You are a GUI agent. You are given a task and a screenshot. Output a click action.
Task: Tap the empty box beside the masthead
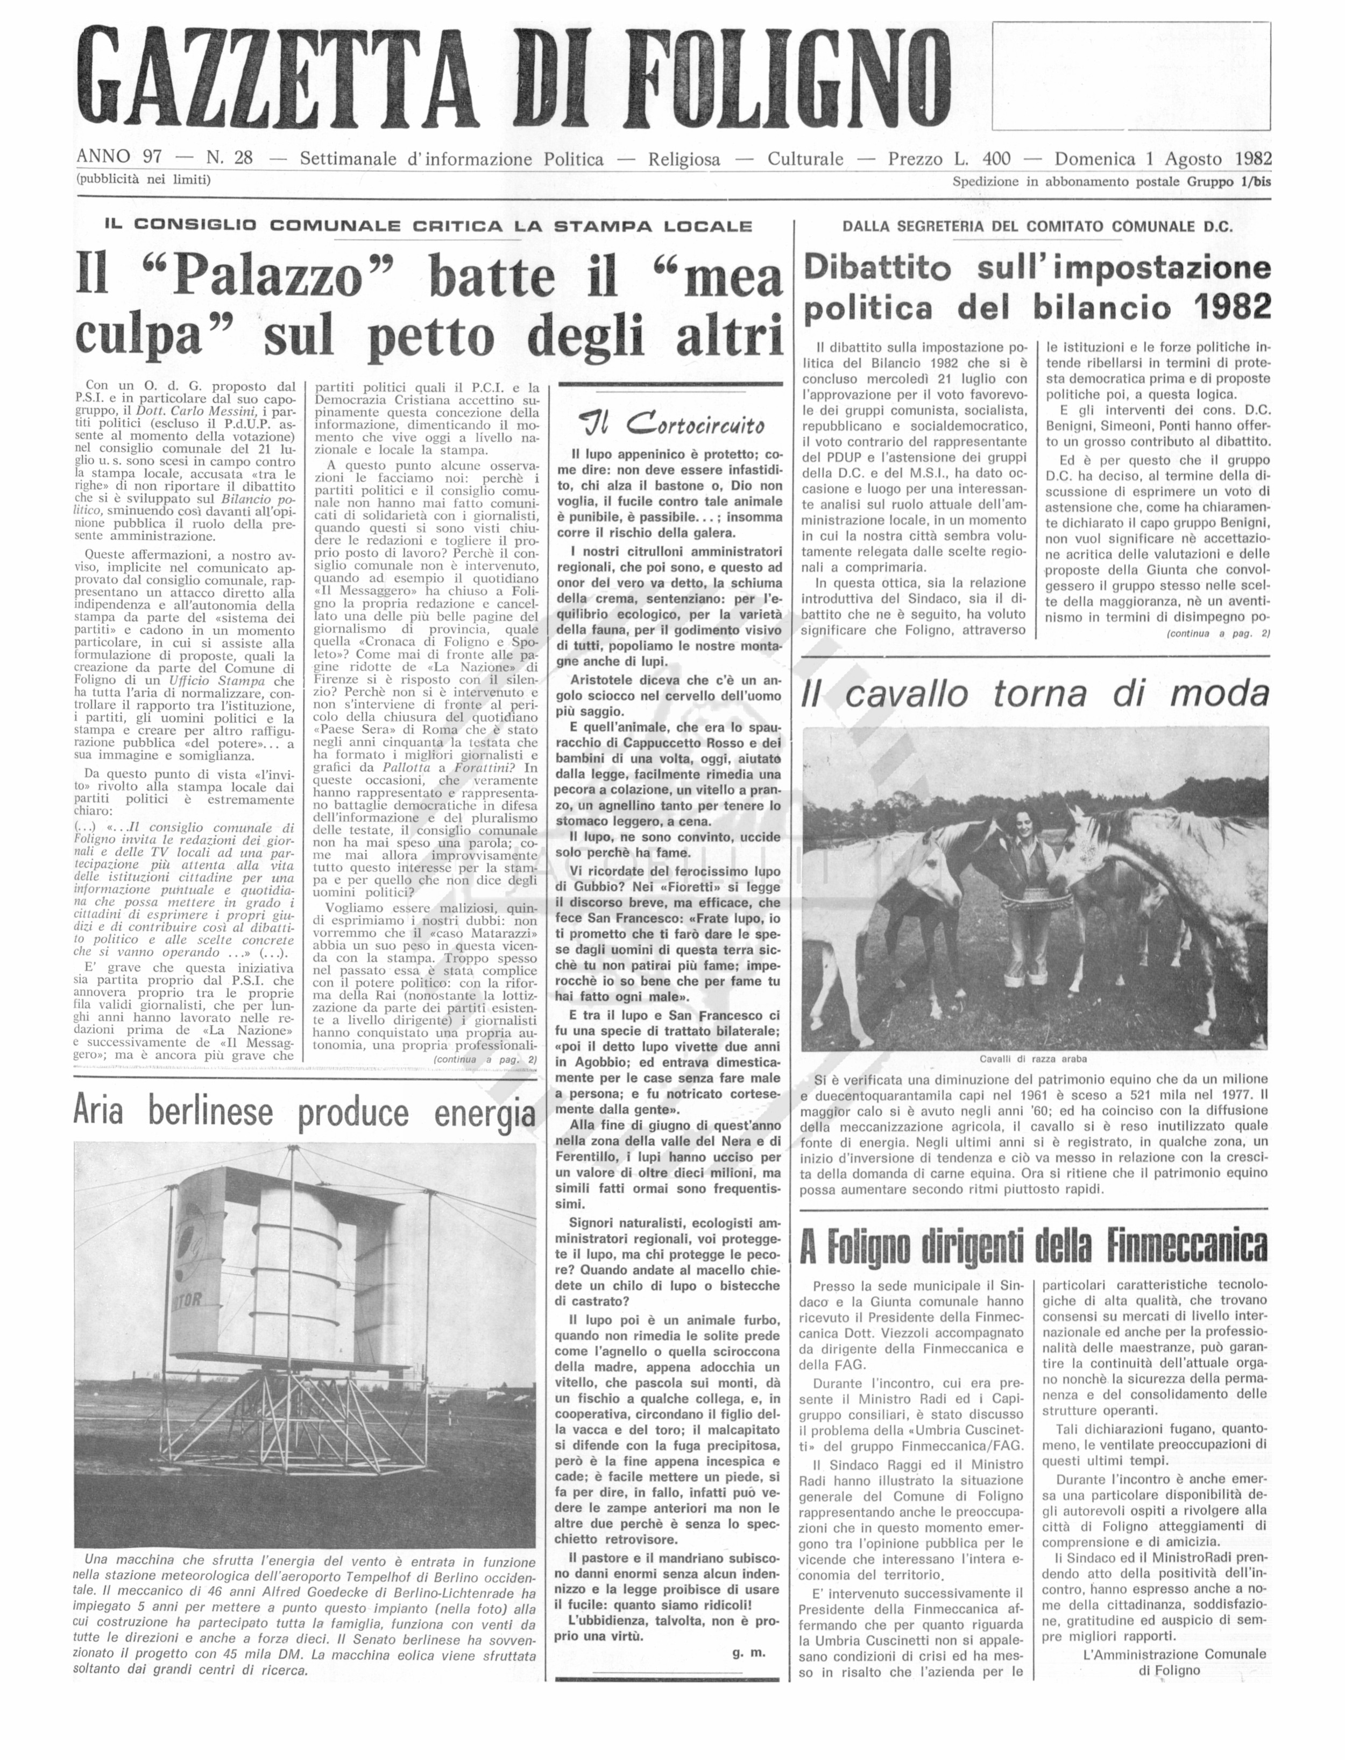coord(1130,75)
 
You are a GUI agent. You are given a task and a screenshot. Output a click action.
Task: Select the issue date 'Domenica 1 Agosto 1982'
coord(1163,159)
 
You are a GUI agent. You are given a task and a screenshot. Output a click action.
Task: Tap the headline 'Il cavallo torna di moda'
coord(1035,693)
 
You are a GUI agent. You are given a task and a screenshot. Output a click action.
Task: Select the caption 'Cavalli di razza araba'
coord(1033,1059)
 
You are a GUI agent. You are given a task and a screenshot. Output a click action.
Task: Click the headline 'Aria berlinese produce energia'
coord(304,1112)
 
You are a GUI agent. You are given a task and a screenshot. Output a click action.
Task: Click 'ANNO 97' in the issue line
coord(118,157)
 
